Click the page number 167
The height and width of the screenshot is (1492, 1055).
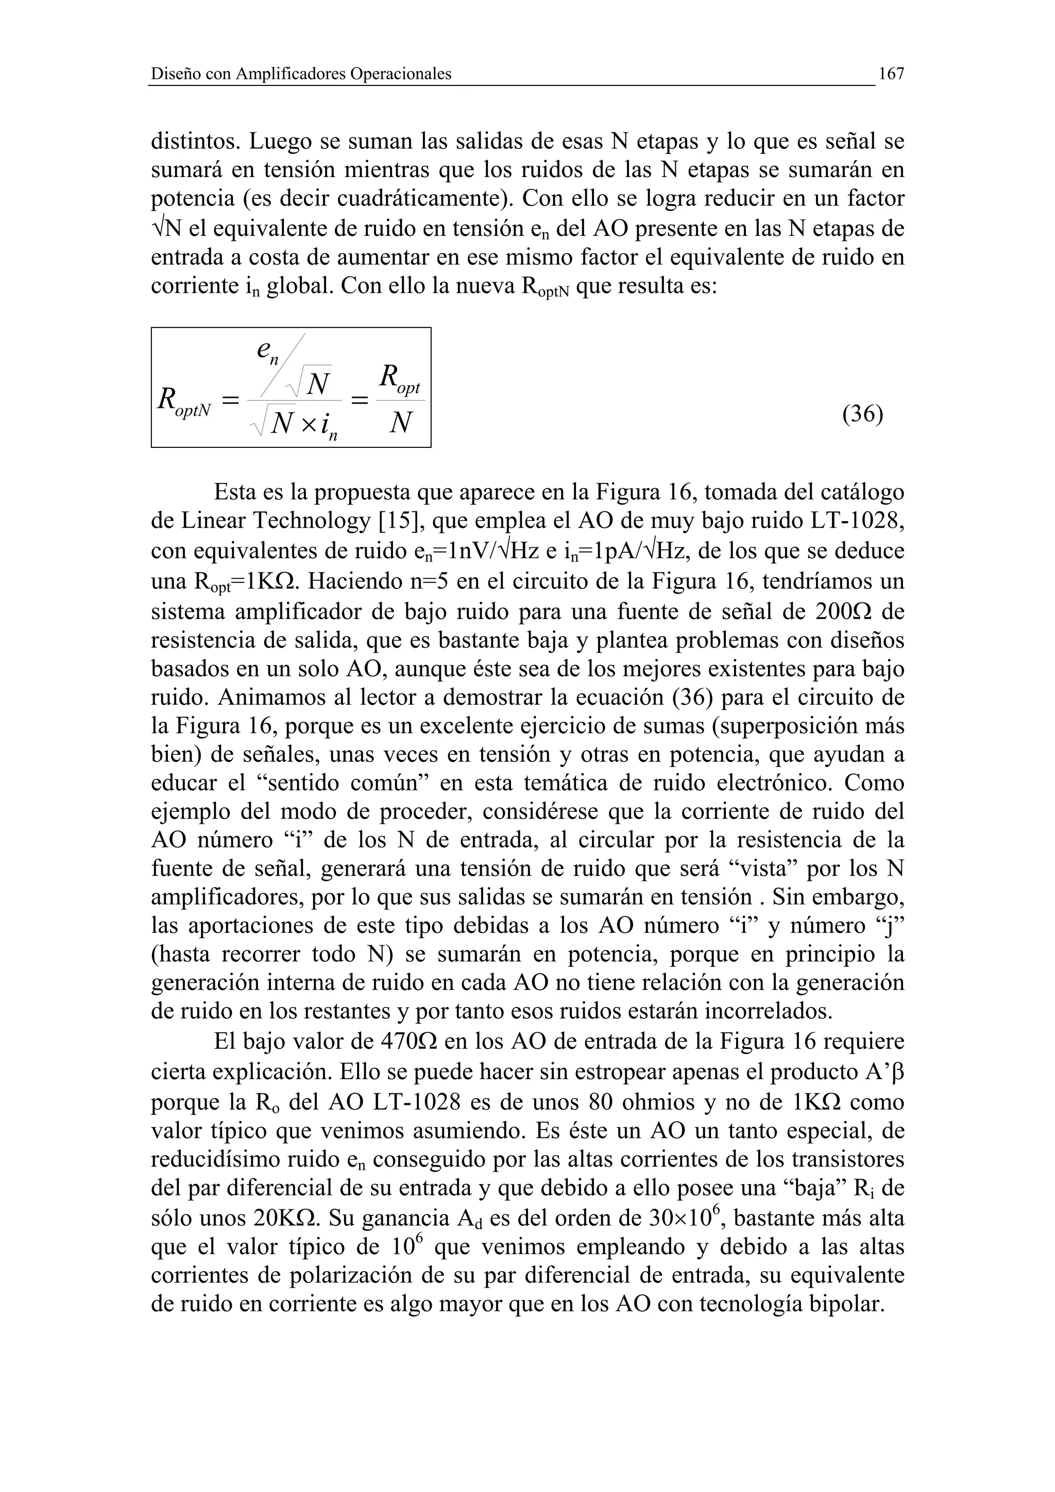891,75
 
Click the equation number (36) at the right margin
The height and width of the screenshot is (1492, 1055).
862,414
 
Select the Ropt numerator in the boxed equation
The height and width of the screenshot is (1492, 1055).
399,380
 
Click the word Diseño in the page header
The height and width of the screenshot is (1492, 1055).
171,75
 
